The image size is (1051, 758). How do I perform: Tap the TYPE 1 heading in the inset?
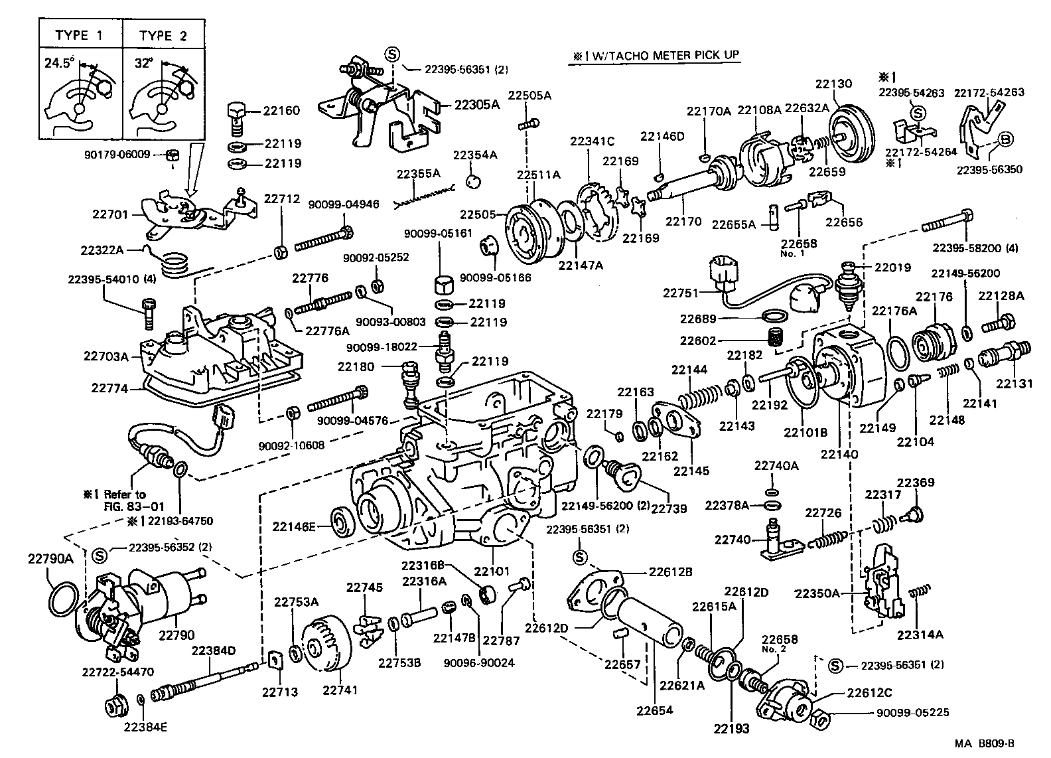click(x=79, y=35)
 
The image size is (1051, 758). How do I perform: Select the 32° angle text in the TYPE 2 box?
click(x=143, y=64)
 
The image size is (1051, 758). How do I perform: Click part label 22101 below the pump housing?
click(x=491, y=570)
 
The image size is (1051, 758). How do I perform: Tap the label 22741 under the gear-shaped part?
click(x=340, y=690)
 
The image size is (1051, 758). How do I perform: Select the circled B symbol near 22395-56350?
click(x=1005, y=139)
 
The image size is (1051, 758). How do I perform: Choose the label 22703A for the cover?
click(x=106, y=356)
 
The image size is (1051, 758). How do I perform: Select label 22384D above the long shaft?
click(x=214, y=650)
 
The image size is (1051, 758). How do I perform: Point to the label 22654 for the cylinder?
click(x=656, y=711)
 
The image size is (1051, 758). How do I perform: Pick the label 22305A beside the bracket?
click(x=476, y=104)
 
